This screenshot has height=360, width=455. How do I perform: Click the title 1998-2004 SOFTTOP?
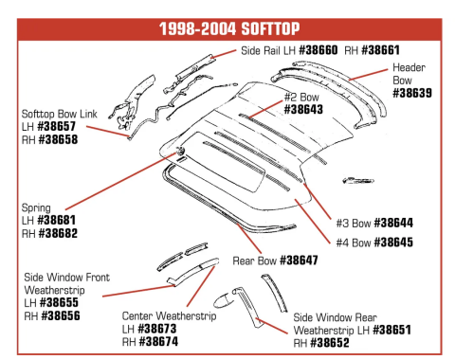229,29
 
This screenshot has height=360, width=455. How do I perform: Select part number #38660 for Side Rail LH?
318,50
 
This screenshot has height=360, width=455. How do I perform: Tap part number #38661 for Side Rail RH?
380,50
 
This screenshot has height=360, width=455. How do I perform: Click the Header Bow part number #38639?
412,93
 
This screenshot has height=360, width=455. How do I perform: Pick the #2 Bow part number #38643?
303,110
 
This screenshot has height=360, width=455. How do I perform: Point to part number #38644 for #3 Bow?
393,223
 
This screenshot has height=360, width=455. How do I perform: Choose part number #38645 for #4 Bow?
393,243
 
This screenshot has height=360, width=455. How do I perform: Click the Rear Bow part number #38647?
299,261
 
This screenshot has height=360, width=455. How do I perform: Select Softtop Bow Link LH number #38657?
57,126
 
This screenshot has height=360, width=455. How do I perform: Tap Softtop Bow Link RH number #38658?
58,139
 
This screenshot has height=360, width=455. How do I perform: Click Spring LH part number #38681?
57,220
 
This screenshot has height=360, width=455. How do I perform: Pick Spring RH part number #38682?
58,233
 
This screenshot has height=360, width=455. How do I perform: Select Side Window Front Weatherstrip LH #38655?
59,302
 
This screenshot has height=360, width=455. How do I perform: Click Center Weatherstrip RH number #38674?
158,341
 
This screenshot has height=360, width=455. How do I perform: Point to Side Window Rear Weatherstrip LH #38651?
391,330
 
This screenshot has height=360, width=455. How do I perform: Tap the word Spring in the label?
36,208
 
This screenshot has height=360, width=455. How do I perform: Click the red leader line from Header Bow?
369,75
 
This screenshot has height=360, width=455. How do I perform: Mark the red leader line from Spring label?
121,181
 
